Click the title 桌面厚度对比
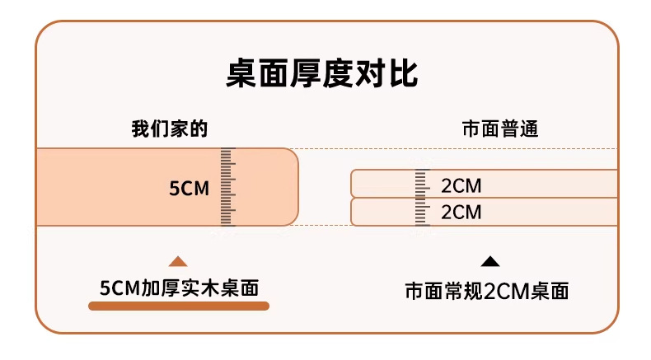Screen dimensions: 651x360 point(322,74)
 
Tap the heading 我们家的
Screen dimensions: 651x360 point(170,129)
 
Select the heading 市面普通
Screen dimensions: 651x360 point(500,129)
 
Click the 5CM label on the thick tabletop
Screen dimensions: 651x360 point(189,189)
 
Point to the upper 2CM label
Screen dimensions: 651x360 point(461,185)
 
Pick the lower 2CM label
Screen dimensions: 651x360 point(461,213)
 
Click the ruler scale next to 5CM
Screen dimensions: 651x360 point(228,187)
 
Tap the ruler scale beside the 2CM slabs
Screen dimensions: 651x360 point(422,198)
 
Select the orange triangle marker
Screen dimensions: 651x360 point(178,261)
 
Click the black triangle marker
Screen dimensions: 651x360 point(490,261)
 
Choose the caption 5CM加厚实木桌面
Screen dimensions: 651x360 point(180,288)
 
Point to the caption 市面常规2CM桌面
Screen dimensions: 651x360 point(486,291)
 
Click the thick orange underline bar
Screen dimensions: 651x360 point(179,306)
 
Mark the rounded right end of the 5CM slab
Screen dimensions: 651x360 point(297,187)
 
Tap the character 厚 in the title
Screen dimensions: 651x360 point(306,74)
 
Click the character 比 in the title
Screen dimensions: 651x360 point(403,74)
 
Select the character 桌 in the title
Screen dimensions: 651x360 point(241,74)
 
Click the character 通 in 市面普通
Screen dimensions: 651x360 point(529,129)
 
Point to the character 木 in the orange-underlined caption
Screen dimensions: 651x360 point(209,288)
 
